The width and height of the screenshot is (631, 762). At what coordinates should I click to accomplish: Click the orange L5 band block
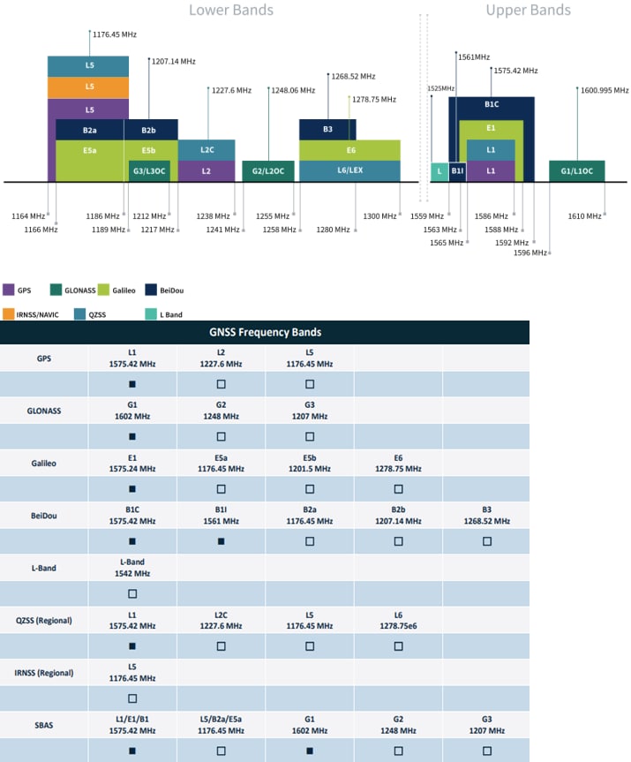pos(89,87)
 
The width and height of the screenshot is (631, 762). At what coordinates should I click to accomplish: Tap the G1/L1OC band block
pos(576,170)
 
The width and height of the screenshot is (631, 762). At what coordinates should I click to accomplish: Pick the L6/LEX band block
pos(350,170)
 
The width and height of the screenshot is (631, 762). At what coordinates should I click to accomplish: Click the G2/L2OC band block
pos(268,170)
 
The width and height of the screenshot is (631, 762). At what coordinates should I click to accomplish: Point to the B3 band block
pos(327,129)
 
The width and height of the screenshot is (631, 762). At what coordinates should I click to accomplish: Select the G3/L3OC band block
pos(149,170)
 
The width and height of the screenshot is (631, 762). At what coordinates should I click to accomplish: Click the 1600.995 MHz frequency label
pos(605,89)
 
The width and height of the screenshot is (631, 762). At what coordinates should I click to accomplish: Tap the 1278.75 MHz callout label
pos(376,100)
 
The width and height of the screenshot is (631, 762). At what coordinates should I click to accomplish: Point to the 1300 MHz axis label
pos(380,216)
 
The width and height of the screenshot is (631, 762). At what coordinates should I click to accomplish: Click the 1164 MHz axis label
pos(27,216)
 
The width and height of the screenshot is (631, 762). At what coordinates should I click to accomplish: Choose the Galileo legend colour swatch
pos(103,290)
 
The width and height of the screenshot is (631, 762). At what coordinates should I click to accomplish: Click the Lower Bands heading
pos(230,11)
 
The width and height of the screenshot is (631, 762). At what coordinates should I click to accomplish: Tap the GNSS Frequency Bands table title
pos(265,333)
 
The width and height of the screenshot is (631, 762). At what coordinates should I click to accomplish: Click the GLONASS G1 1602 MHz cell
pos(132,411)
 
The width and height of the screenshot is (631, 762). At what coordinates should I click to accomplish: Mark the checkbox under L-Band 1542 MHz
pos(132,593)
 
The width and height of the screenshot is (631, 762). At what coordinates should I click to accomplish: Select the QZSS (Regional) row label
pos(43,620)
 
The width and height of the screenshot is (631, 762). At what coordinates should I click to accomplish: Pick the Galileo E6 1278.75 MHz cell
pos(398,463)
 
